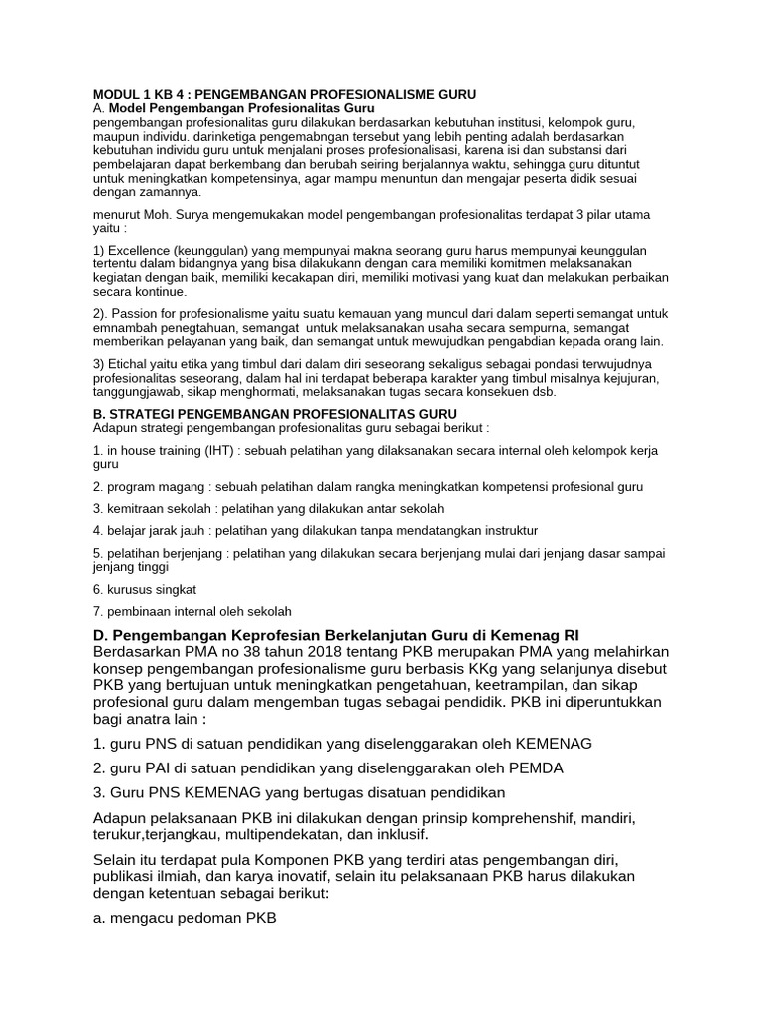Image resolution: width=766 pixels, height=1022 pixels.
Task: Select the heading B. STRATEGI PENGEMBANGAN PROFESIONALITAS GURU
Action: (x=274, y=413)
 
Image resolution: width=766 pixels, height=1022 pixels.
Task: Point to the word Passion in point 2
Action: (x=137, y=313)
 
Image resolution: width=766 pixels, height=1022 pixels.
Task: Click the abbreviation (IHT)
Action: (x=216, y=451)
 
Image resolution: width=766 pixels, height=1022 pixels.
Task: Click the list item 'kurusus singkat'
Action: (x=145, y=590)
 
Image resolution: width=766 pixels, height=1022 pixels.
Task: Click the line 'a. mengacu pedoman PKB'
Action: (x=184, y=918)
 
